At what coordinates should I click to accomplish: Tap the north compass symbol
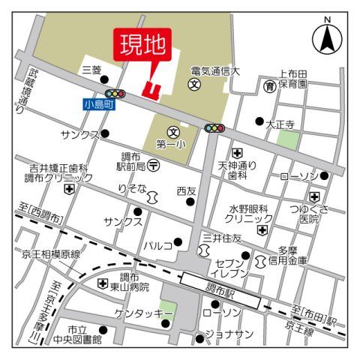pyautogui.click(x=327, y=34)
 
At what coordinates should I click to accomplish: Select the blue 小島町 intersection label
pyautogui.click(x=100, y=106)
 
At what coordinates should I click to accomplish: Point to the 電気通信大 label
pyautogui.click(x=214, y=71)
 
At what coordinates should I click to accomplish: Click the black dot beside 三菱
pyautogui.click(x=104, y=79)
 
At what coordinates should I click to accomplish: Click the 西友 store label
pyautogui.click(x=186, y=190)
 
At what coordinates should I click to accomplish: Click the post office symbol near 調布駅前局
pyautogui.click(x=153, y=163)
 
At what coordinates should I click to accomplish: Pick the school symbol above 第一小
pyautogui.click(x=172, y=130)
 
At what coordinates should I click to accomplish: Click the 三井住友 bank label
pyautogui.click(x=222, y=238)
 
